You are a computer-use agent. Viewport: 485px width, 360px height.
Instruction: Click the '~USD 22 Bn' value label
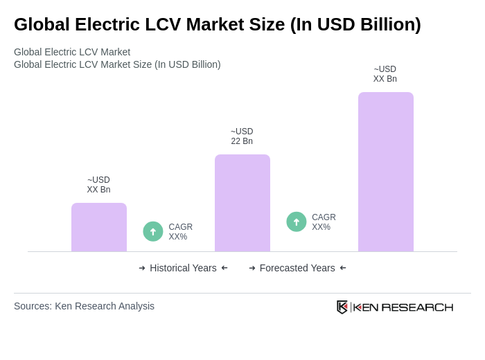[x=242, y=136]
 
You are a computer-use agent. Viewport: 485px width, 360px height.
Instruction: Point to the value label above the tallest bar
[x=385, y=74]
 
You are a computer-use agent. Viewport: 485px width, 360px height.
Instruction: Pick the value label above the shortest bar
[x=98, y=185]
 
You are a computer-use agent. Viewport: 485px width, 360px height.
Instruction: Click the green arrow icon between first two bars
[x=153, y=231]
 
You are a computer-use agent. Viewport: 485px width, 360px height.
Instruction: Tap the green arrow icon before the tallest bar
[x=297, y=222]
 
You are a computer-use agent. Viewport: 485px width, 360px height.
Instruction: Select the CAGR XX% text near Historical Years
[x=180, y=232]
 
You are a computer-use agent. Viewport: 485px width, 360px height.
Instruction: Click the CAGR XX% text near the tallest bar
[x=324, y=222]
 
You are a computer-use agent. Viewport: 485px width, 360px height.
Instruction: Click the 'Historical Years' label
[x=183, y=268]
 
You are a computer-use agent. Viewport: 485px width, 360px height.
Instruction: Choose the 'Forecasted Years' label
[x=297, y=268]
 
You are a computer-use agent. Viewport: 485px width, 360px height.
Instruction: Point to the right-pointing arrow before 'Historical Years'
[x=142, y=268]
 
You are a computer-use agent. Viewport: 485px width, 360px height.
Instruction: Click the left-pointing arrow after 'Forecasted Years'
[x=343, y=268]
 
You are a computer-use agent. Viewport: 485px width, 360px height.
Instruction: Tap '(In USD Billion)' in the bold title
[x=355, y=24]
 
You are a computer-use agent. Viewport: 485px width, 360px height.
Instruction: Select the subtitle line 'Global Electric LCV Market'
[x=72, y=52]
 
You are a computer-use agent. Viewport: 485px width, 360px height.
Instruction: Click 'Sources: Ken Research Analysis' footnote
[x=84, y=306]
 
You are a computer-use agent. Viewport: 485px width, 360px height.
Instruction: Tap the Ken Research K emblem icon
[x=342, y=307]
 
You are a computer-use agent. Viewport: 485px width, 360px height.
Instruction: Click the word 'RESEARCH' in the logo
[x=417, y=307]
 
